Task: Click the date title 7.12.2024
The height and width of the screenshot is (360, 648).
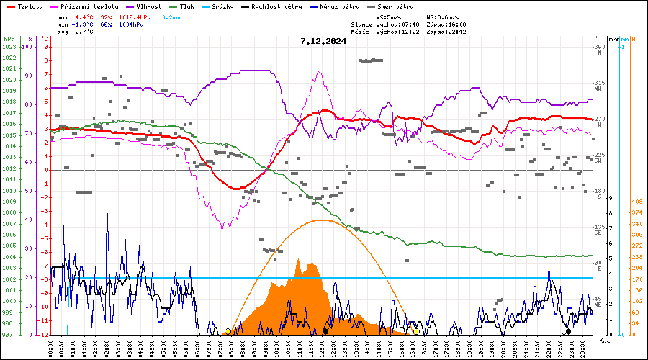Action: [323, 41]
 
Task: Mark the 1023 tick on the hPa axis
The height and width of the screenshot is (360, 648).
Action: [9, 47]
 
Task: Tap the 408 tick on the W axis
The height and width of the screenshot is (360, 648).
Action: [636, 202]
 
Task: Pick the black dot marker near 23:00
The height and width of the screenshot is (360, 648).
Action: [568, 331]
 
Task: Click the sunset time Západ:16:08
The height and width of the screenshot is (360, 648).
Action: [446, 24]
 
